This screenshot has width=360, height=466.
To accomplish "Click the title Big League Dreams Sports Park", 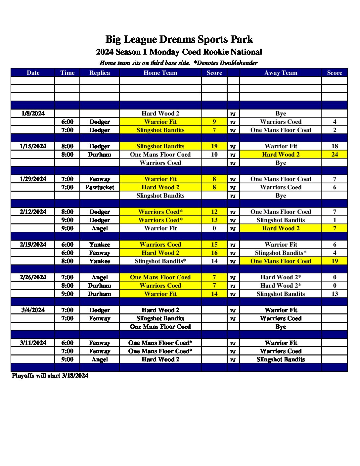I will pyautogui.click(x=179, y=39).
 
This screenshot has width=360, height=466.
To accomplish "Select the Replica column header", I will pyautogui.click(x=100, y=73).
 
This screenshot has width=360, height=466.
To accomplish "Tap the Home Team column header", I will pyautogui.click(x=160, y=73).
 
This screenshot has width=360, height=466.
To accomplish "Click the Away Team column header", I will pyautogui.click(x=281, y=73).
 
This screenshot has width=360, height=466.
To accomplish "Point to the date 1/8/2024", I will pyautogui.click(x=33, y=114).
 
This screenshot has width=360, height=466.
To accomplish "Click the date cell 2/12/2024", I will pyautogui.click(x=33, y=212).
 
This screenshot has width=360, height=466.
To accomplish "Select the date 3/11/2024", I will pyautogui.click(x=33, y=343).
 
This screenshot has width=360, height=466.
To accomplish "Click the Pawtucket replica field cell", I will pyautogui.click(x=100, y=187).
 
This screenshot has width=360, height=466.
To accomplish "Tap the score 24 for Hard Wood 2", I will pyautogui.click(x=335, y=155).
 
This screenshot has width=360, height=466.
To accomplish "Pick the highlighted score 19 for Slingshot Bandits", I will pyautogui.click(x=214, y=146).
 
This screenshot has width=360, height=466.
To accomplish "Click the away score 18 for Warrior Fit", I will pyautogui.click(x=335, y=146).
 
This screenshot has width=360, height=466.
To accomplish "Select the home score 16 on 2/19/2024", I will pyautogui.click(x=214, y=253).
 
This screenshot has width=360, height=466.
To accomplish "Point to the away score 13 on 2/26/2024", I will pyautogui.click(x=335, y=294).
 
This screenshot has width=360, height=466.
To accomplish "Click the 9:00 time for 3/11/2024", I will pyautogui.click(x=67, y=359).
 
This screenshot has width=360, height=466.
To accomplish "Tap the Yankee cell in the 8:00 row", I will pyautogui.click(x=100, y=261).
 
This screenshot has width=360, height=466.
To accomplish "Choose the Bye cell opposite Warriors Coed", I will pyautogui.click(x=281, y=163).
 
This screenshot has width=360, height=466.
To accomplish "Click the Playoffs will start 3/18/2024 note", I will pyautogui.click(x=50, y=376).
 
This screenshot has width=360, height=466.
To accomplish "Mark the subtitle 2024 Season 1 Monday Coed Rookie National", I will pyautogui.click(x=179, y=52).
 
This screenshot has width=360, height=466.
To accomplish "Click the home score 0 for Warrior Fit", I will pyautogui.click(x=214, y=228).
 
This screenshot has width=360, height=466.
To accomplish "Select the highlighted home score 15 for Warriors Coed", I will pyautogui.click(x=214, y=245).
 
